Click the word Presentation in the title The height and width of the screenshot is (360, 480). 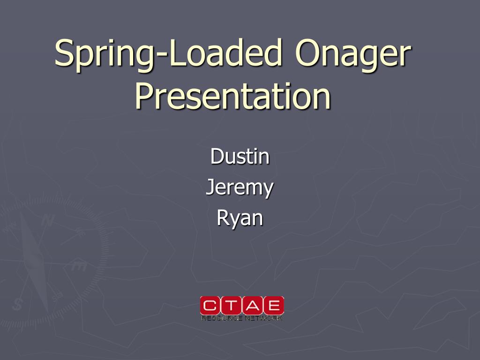point(233,96)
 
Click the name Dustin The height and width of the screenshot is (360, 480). point(240,156)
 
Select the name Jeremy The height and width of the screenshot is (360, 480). point(240,188)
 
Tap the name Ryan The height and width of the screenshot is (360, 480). point(240,218)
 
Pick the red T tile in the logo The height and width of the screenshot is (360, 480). point(232,306)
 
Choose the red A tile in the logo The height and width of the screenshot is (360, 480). point(252,306)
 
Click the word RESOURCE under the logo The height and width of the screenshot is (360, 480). point(221,319)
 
